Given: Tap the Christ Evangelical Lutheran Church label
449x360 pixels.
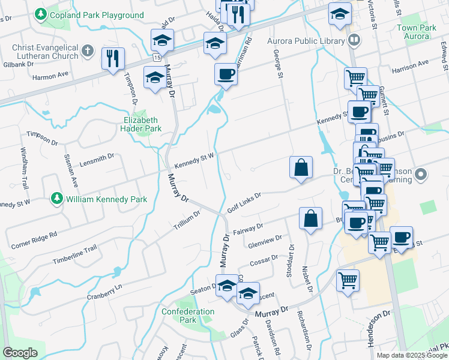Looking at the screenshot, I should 45,52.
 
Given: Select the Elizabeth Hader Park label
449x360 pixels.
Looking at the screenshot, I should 139,124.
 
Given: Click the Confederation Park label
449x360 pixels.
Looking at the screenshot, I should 187,316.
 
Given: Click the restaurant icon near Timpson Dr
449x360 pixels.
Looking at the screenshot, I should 113,58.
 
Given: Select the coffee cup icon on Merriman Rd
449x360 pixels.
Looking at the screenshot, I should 226,74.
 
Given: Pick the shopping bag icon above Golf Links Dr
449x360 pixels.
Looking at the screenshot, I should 301,167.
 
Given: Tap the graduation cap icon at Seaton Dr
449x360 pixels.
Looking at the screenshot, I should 228,287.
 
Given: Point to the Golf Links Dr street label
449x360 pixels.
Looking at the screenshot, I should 244,203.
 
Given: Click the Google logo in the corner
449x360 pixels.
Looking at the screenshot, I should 20,353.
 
